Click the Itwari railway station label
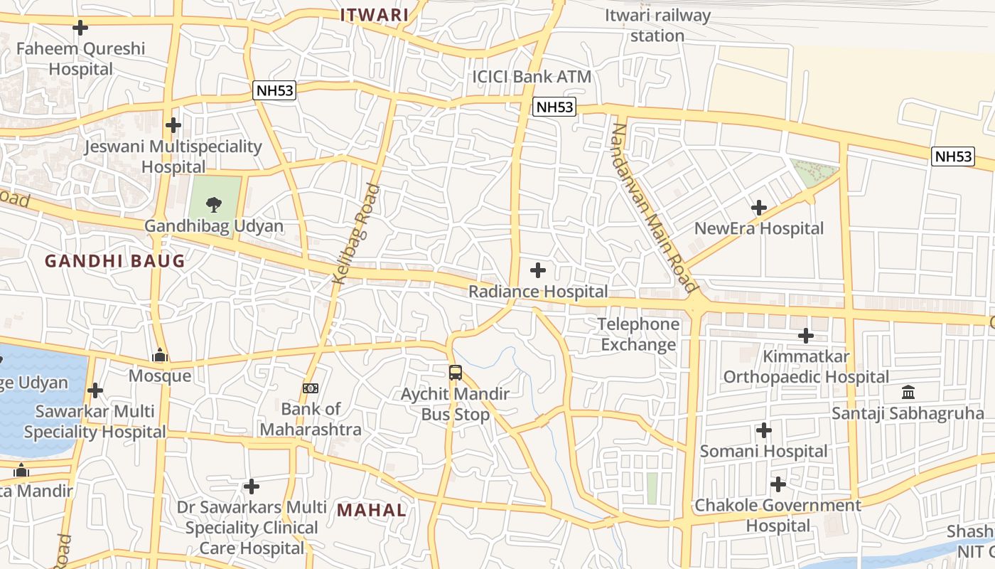[x=657, y=26]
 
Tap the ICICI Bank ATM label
[x=532, y=77]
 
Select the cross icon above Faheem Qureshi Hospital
[x=80, y=28]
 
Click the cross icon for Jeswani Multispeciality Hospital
[x=173, y=125]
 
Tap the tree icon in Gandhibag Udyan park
[x=213, y=206]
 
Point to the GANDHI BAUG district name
[x=115, y=261]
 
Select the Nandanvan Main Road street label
[x=653, y=208]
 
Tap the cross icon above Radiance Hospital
[x=538, y=270]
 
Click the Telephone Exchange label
[x=638, y=334]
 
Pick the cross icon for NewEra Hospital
[x=759, y=208]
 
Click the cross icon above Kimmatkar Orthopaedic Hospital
[x=806, y=335]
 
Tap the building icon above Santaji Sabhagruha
[x=908, y=392]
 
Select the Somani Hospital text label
[x=764, y=451]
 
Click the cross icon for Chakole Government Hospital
[x=778, y=484]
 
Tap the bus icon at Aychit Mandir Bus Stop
[x=456, y=372]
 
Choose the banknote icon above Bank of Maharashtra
[x=311, y=388]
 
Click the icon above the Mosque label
[x=160, y=355]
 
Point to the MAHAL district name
[x=372, y=510]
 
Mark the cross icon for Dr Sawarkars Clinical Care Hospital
[x=251, y=486]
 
